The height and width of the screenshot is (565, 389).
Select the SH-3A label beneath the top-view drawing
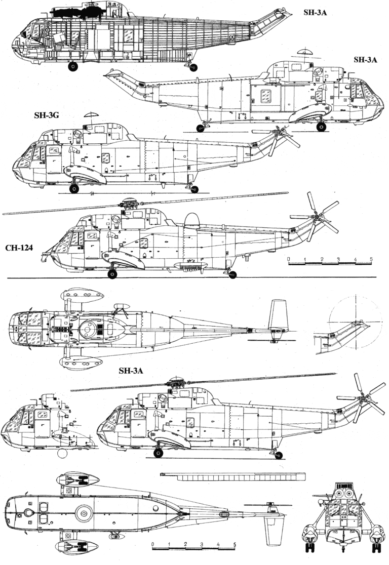click(x=131, y=371)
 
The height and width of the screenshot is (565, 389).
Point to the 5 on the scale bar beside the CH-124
click(x=371, y=259)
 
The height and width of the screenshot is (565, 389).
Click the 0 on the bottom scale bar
click(x=152, y=545)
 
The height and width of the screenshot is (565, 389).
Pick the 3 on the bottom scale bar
click(x=202, y=545)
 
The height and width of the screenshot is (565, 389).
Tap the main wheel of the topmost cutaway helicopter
click(x=73, y=66)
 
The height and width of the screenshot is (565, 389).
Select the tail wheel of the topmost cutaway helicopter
click(x=193, y=67)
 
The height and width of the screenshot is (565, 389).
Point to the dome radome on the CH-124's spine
click(x=191, y=220)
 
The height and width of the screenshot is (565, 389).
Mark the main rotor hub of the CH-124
click(x=129, y=204)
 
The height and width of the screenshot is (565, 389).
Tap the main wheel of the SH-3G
click(x=74, y=189)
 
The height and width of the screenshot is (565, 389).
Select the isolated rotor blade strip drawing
click(x=233, y=476)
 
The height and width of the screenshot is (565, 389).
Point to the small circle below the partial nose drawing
click(x=62, y=454)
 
